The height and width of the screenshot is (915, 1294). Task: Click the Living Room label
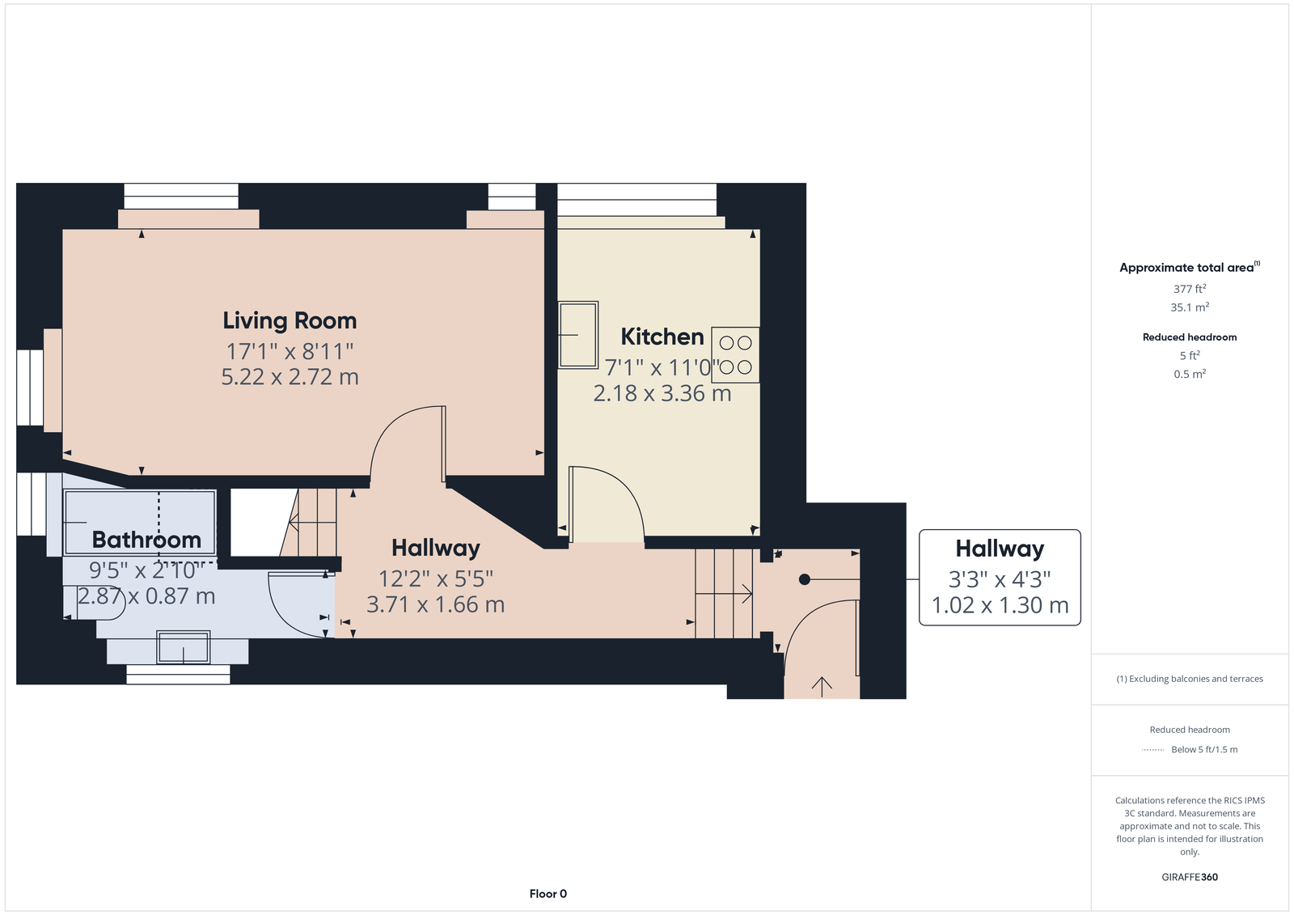[x=290, y=321]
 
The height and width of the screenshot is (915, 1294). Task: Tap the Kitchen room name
[x=662, y=337]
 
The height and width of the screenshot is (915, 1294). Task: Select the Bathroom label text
[x=146, y=540]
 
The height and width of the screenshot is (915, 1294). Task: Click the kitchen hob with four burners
[x=735, y=355]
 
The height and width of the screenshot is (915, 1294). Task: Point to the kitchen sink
[x=577, y=335]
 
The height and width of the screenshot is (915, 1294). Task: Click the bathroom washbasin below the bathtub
[x=183, y=647]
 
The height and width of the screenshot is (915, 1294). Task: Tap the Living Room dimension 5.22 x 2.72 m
[x=290, y=377]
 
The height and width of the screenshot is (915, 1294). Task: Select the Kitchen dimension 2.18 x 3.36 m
[x=662, y=394]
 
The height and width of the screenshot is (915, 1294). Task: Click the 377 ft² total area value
[x=1190, y=289]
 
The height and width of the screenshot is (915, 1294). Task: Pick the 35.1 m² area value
[x=1190, y=307]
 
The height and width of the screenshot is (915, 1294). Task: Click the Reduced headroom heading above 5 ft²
[x=1190, y=337]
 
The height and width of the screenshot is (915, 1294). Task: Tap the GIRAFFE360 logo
[x=1190, y=877]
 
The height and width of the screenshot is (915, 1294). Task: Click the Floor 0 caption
[x=548, y=894]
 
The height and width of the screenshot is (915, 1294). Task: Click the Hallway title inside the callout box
[x=1000, y=549]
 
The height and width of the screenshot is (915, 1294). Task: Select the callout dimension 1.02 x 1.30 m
[x=1000, y=605]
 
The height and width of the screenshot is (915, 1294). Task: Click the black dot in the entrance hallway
[x=804, y=579]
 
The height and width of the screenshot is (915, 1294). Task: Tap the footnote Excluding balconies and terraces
[x=1190, y=679]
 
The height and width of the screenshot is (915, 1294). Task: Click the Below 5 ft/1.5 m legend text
[x=1204, y=749]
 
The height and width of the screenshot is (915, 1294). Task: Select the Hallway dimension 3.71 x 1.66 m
[x=436, y=604]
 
